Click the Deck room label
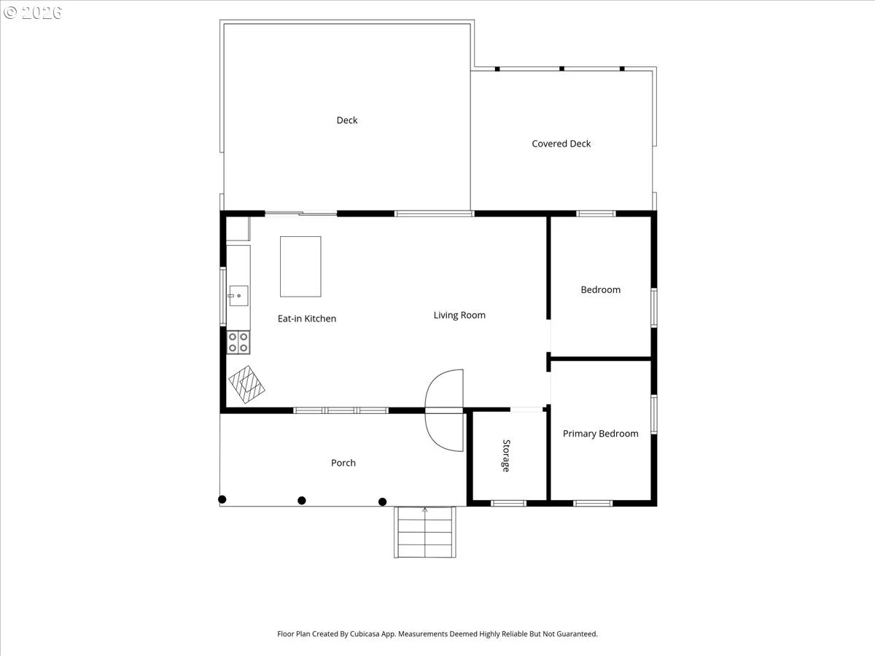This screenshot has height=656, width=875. point(347,120)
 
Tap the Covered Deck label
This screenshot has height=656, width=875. point(561,144)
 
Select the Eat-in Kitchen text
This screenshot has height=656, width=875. point(307,319)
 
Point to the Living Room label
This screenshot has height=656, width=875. point(459,315)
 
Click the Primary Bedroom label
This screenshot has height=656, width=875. point(600,434)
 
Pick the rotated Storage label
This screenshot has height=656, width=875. point(506,456)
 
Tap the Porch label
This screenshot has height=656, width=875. point(343,463)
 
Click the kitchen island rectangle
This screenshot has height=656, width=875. point(300,267)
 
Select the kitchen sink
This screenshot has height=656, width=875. point(238,295)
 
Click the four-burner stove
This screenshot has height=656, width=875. point(238,342)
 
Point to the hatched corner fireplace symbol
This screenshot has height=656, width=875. point(246,384)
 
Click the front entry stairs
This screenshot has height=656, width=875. point(425,532)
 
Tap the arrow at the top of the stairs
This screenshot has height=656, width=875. point(425,509)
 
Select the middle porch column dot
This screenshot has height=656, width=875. point(302,500)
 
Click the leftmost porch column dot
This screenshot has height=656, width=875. point(222,499)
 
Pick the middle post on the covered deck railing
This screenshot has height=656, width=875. point(561,69)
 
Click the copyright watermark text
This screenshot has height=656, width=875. point(33,12)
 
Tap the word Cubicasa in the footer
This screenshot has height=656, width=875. point(365,633)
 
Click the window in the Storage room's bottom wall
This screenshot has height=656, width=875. point(508,504)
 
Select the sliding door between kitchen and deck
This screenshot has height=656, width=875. point(301,214)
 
